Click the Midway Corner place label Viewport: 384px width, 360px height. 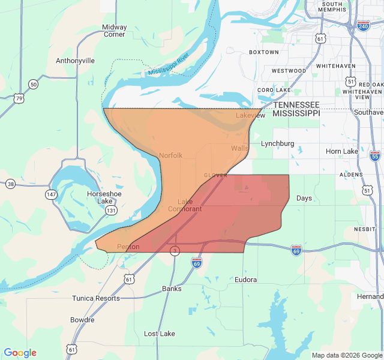click(x=114, y=31)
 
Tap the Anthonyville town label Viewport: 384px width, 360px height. click(x=75, y=61)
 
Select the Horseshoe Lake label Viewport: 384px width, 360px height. click(x=104, y=197)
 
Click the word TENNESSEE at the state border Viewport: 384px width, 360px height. click(x=296, y=104)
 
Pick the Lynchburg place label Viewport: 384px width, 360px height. click(x=278, y=143)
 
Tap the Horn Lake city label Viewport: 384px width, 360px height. click(x=341, y=151)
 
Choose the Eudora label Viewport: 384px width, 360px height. click(x=245, y=280)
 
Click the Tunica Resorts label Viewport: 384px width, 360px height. click(x=96, y=298)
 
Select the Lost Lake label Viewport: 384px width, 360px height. click(x=160, y=334)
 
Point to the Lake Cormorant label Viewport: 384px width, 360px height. click(x=185, y=205)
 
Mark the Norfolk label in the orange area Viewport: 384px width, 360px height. click(x=170, y=155)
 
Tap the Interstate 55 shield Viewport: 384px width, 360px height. click(x=375, y=156)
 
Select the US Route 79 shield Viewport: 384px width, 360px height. click(x=19, y=98)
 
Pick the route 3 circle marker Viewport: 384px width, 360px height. click(x=175, y=251)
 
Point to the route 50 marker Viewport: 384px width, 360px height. click(x=33, y=85)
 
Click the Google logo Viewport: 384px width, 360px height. click(x=20, y=353)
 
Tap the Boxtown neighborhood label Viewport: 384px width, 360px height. click(x=264, y=52)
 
